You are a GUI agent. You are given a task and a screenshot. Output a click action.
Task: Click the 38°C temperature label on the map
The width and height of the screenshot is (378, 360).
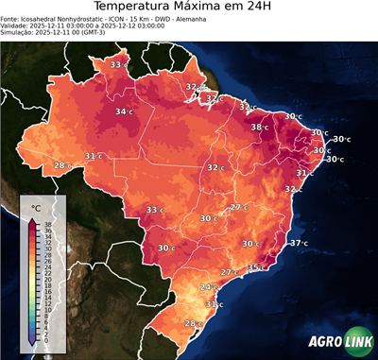259,127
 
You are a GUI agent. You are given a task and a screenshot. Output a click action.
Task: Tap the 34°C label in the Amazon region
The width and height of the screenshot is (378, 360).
123,111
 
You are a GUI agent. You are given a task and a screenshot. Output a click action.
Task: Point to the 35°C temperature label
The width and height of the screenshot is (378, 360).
256,267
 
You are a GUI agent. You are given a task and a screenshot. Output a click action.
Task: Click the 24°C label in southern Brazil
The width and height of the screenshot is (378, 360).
210,286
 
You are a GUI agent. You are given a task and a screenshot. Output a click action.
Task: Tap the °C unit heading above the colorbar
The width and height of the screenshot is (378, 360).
36,207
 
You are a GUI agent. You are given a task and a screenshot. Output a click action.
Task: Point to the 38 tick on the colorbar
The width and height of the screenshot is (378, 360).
47,224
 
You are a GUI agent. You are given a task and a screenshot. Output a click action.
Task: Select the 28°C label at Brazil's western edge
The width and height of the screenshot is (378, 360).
61,165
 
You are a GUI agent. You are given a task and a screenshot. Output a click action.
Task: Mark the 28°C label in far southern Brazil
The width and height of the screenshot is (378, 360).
193,323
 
